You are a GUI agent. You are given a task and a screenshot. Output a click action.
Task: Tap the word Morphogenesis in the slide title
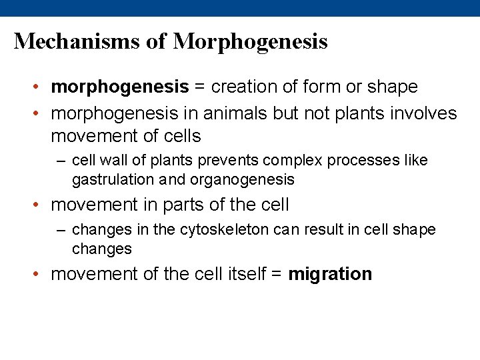251,41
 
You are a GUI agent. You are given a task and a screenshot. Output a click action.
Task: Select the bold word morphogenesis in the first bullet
120,87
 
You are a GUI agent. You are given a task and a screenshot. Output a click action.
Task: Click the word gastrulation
108,179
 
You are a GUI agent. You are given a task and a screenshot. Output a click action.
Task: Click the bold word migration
330,274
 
